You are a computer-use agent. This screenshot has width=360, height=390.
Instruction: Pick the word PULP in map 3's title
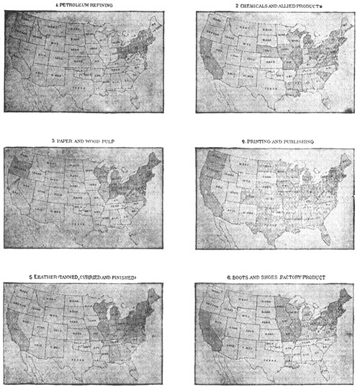point(121,141)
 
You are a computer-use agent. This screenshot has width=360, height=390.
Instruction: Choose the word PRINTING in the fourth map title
point(249,141)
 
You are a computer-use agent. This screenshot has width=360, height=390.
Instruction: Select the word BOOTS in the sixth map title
point(233,277)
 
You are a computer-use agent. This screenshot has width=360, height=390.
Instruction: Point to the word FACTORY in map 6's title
point(292,277)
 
